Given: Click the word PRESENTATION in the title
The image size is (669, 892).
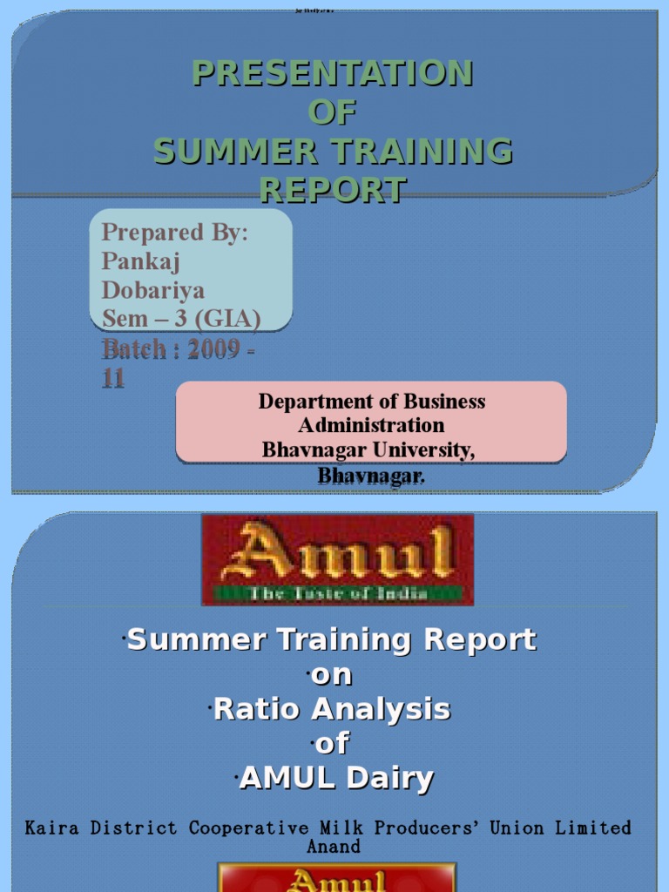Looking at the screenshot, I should point(332,73).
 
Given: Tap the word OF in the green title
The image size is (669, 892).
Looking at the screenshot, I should point(332,112).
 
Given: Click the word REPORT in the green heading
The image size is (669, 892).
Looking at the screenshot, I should point(332,190).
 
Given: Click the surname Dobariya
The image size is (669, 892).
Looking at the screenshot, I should point(153,289).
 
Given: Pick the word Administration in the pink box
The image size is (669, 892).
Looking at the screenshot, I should point(371,425).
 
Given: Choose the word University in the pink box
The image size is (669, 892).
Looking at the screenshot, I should point(423,449).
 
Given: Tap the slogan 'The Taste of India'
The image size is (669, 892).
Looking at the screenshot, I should point(337,594).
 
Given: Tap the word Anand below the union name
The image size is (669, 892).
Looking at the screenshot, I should point(333,846).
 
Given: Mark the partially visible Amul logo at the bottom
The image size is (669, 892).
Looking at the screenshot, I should point(337,878).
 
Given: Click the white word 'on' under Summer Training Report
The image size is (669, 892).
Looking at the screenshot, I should point(334,675).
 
